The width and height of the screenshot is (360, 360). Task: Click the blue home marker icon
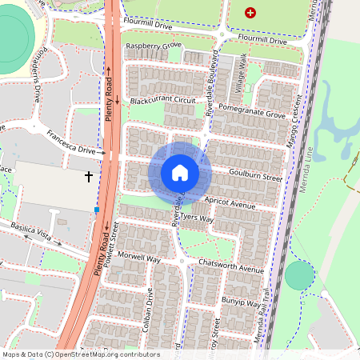180,172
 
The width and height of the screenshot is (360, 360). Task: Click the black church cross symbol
88,174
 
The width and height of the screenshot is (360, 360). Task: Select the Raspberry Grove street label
154,47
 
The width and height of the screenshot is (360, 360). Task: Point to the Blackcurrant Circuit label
162,101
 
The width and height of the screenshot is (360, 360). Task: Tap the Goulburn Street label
255,176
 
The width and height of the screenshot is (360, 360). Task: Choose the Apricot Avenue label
230,204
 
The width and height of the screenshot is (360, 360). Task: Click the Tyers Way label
197,218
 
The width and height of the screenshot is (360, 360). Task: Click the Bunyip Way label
242,304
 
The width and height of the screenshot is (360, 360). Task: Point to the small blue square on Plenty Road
97,210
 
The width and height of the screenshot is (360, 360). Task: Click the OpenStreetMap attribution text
81,354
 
